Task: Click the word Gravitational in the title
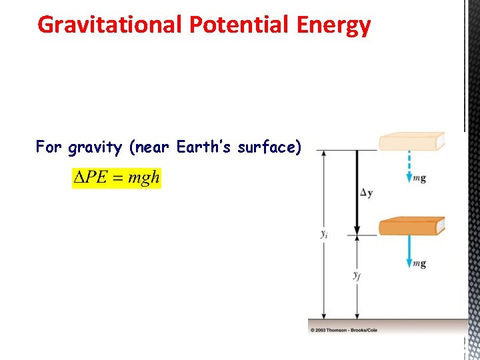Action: pyautogui.click(x=110, y=25)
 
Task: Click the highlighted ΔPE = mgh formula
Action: pyautogui.click(x=117, y=179)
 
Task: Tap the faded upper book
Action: pyautogui.click(x=410, y=142)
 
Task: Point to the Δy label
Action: pyautogui.click(x=366, y=193)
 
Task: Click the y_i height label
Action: pyautogui.click(x=324, y=235)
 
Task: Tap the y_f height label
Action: pyautogui.click(x=357, y=275)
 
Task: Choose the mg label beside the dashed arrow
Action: pyautogui.click(x=419, y=179)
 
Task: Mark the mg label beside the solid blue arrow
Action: pyautogui.click(x=419, y=264)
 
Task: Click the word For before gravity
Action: pyautogui.click(x=49, y=147)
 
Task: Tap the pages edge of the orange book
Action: pyautogui.click(x=440, y=227)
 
